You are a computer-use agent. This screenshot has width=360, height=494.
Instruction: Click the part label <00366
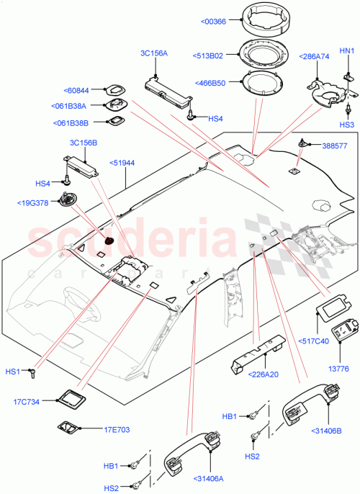pyautogui.click(x=214, y=22)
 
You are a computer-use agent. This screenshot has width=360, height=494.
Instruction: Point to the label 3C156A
pyautogui.click(x=153, y=53)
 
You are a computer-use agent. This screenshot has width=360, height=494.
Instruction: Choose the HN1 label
pyautogui.click(x=346, y=50)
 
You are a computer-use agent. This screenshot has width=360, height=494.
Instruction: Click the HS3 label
pyautogui.click(x=347, y=125)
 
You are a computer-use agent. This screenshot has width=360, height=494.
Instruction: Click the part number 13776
pyautogui.click(x=339, y=368)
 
